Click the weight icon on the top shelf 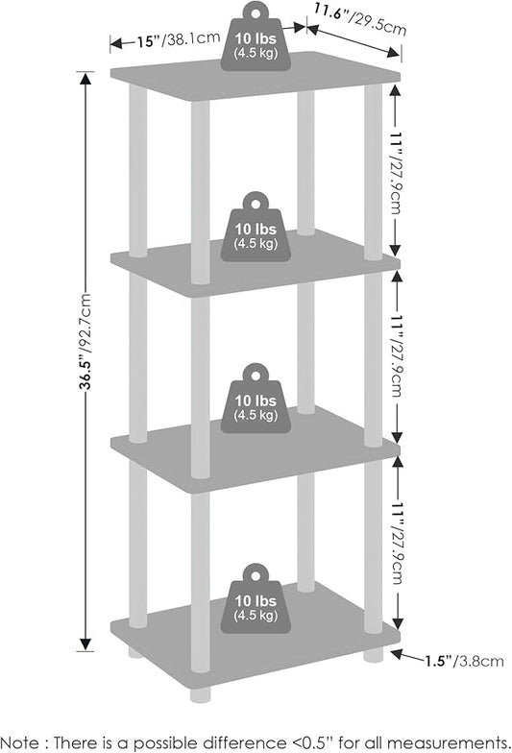click(256, 37)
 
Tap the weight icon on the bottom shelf click(256, 599)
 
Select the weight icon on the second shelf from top click(256, 228)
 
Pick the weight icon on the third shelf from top click(256, 399)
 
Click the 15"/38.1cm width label click(179, 39)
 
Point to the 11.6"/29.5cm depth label click(360, 19)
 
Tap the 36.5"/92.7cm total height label click(85, 341)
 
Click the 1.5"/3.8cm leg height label click(464, 661)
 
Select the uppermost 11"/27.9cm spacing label click(396, 173)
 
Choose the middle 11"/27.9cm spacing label click(396, 356)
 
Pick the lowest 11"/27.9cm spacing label click(398, 544)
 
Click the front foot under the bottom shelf click(200, 693)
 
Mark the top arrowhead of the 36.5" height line click(85, 79)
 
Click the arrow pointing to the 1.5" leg click(407, 656)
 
